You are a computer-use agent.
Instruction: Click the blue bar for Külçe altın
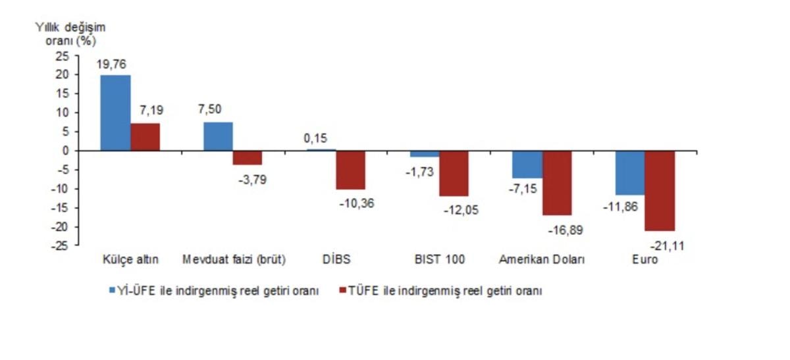(x=115, y=113)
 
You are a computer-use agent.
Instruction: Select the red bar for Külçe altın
(x=145, y=137)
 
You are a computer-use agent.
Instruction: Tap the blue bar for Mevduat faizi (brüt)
(x=218, y=136)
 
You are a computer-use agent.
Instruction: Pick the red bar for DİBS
(x=350, y=170)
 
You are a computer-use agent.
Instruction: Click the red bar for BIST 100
(x=454, y=173)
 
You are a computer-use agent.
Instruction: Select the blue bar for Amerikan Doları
(x=528, y=164)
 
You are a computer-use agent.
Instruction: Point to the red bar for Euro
(x=660, y=190)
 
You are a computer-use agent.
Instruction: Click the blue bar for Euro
(x=630, y=172)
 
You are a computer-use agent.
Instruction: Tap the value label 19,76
(x=111, y=64)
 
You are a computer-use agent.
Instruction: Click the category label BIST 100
(x=438, y=260)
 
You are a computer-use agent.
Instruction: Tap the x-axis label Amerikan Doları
(x=542, y=260)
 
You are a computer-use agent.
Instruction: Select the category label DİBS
(x=336, y=260)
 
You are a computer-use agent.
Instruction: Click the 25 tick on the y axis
(x=63, y=56)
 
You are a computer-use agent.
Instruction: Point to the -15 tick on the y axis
(x=61, y=208)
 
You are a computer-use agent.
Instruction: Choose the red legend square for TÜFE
(x=341, y=290)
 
